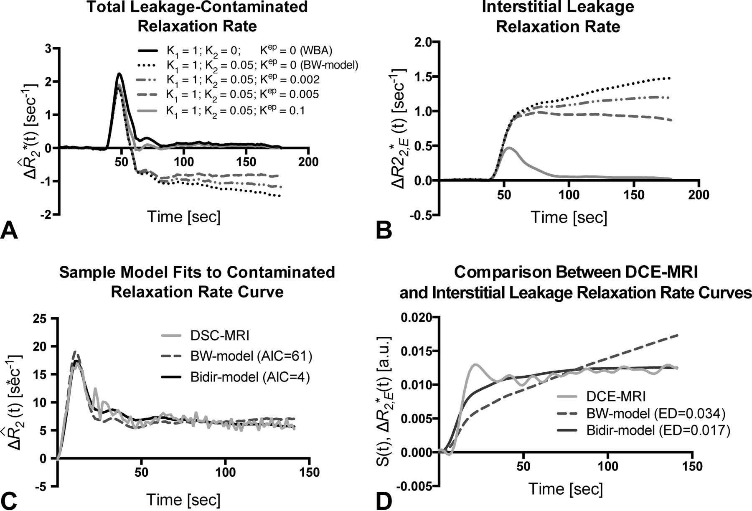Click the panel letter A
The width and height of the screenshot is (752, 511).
point(9,231)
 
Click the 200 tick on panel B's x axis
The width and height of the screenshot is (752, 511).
point(699,195)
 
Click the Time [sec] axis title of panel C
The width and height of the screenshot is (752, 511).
point(183,499)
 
